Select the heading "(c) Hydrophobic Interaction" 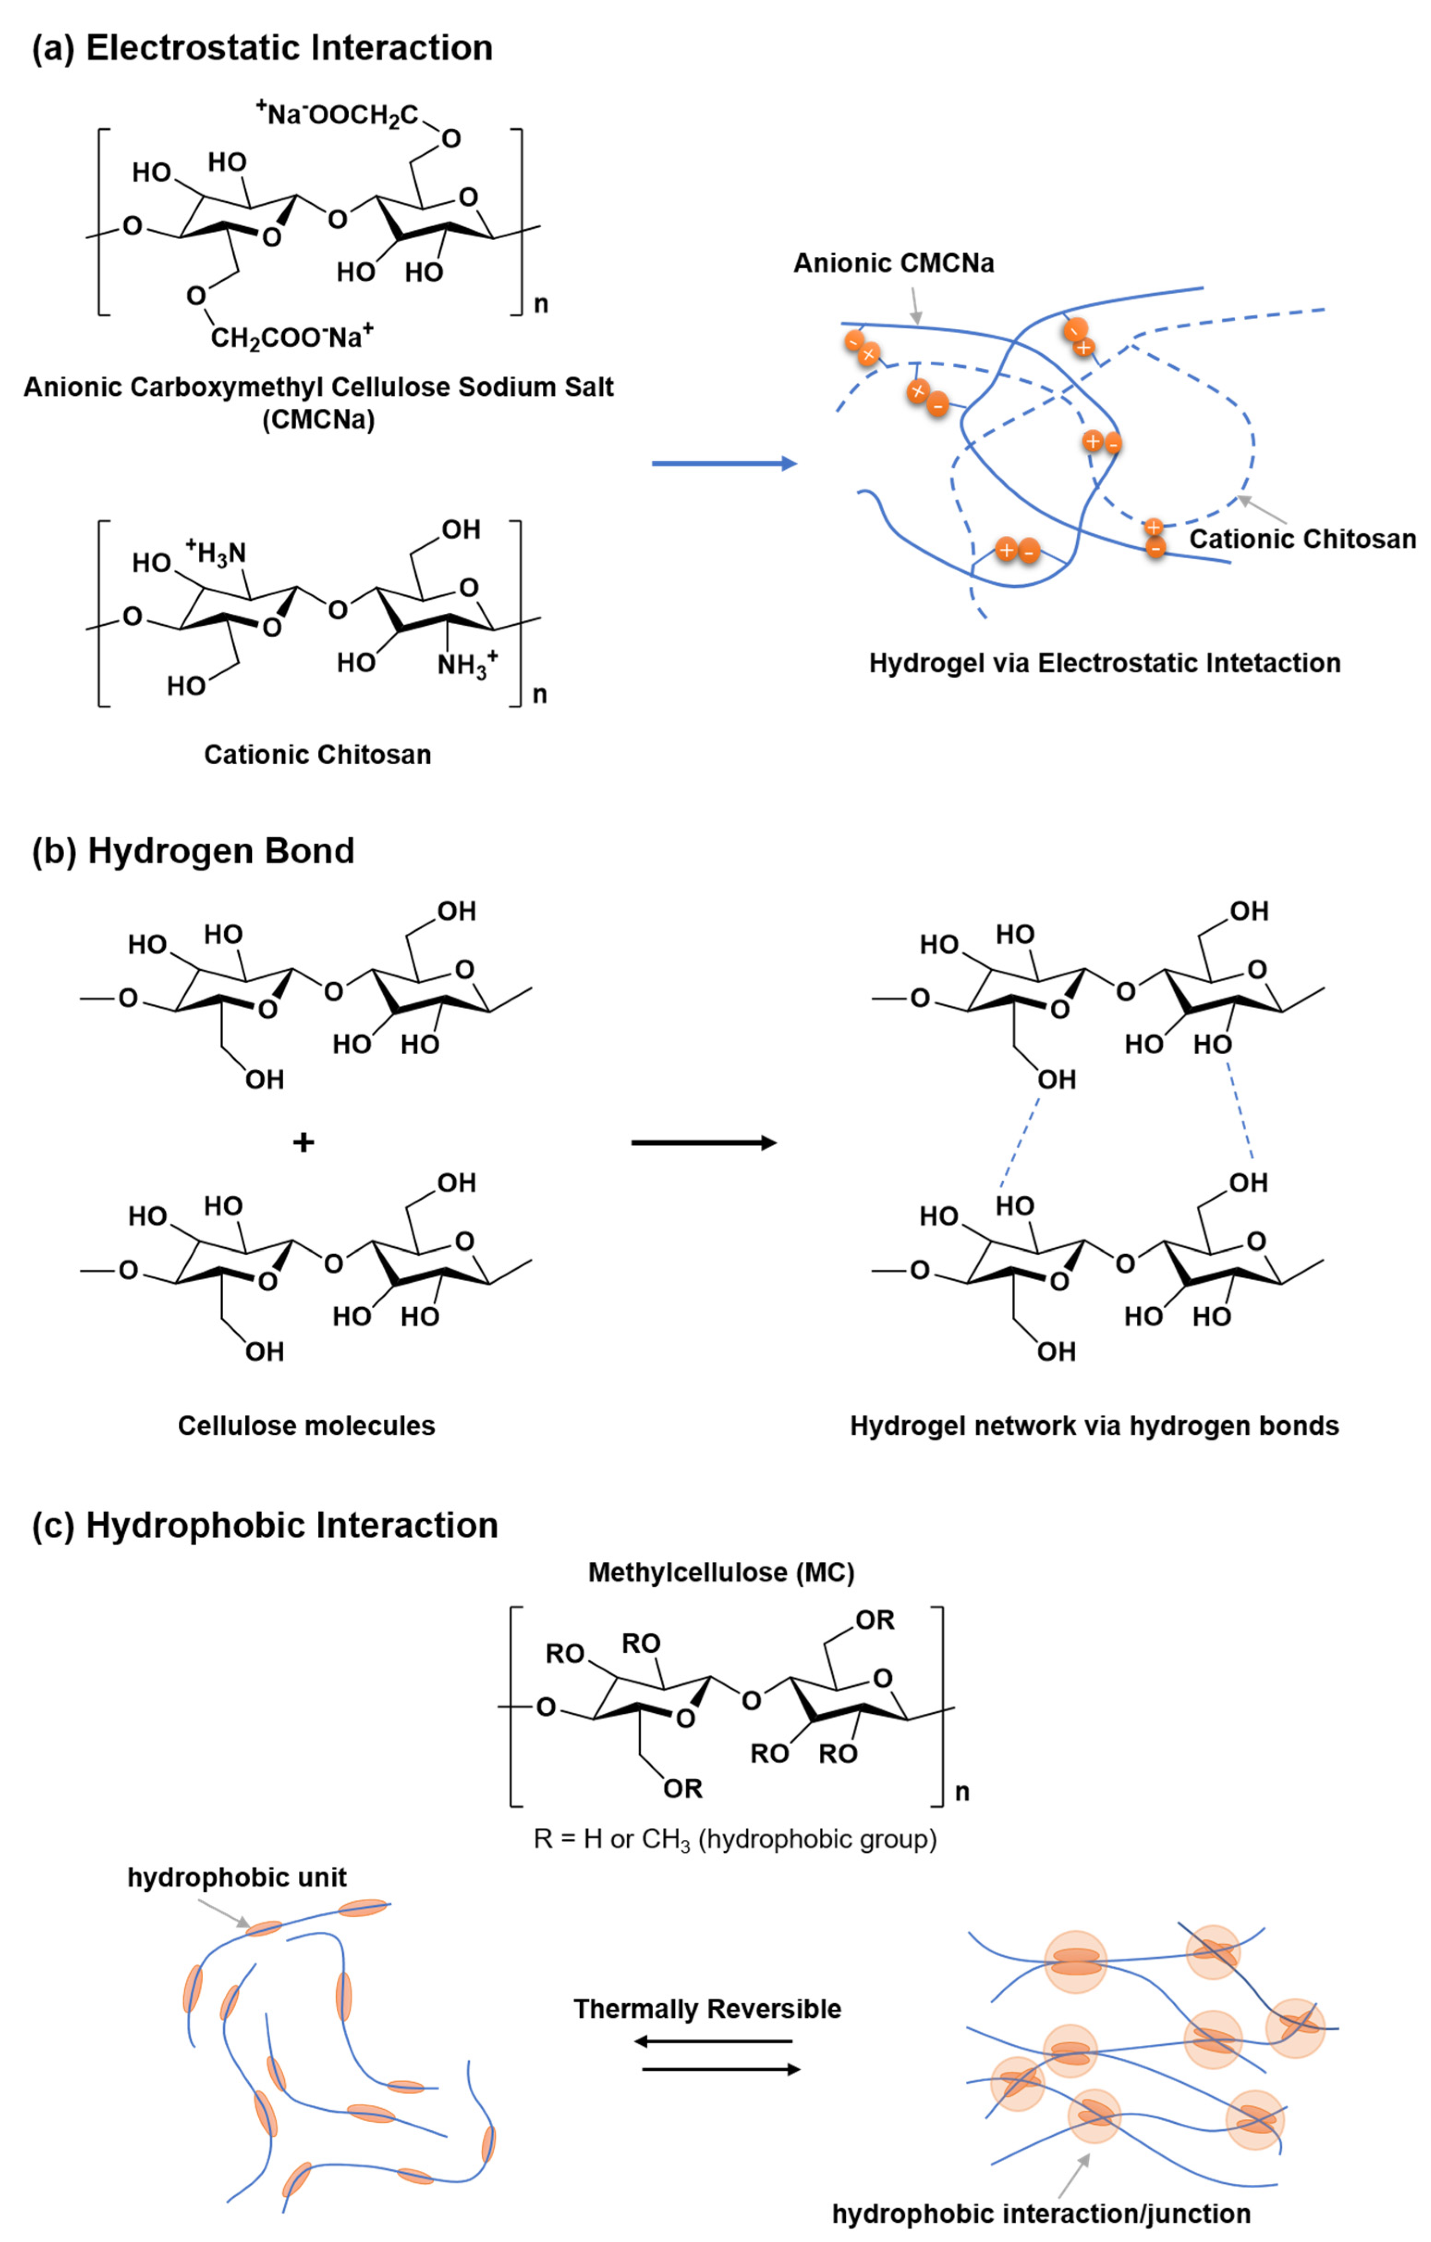pyautogui.click(x=265, y=1525)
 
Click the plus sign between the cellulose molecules pyautogui.click(x=303, y=1142)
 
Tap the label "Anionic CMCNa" pyautogui.click(x=893, y=264)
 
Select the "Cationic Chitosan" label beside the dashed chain pyautogui.click(x=1302, y=539)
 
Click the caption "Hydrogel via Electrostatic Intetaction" pyautogui.click(x=1104, y=663)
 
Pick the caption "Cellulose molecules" pyautogui.click(x=306, y=1426)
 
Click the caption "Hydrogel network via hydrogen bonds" pyautogui.click(x=1094, y=1426)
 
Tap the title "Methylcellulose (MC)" pyautogui.click(x=721, y=1572)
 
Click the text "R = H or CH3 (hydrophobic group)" pyautogui.click(x=734, y=1839)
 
